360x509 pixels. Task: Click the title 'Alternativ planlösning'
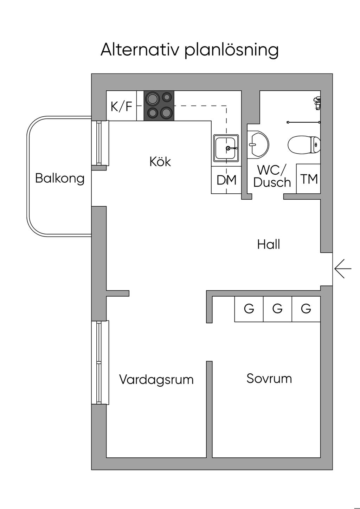189,50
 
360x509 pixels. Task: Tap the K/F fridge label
122,107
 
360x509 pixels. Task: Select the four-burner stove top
159,106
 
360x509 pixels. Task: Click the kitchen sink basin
226,148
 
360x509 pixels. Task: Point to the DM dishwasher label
226,180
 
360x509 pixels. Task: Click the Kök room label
160,162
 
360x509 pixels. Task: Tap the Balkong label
60,178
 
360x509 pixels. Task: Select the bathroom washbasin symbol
258,144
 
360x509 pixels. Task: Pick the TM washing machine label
309,179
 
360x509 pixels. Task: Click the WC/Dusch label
272,176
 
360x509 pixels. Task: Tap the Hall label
268,244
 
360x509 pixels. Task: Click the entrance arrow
343,269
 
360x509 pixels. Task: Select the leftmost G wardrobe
249,309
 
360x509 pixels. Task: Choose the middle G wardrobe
277,309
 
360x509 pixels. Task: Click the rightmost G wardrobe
306,309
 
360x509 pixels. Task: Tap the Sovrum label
269,378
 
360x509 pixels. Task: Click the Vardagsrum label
156,380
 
